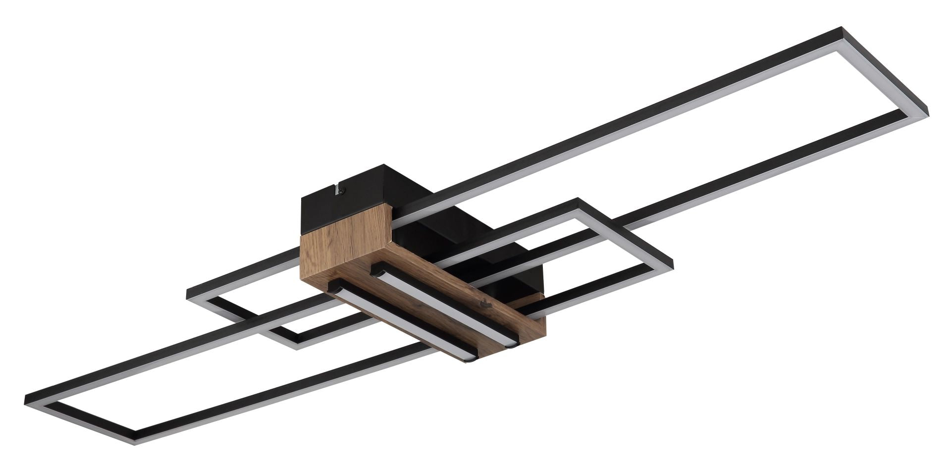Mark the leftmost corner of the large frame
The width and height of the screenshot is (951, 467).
(26, 399)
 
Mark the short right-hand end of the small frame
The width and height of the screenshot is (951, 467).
(625, 230)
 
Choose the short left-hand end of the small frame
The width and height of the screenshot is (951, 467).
(243, 319)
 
